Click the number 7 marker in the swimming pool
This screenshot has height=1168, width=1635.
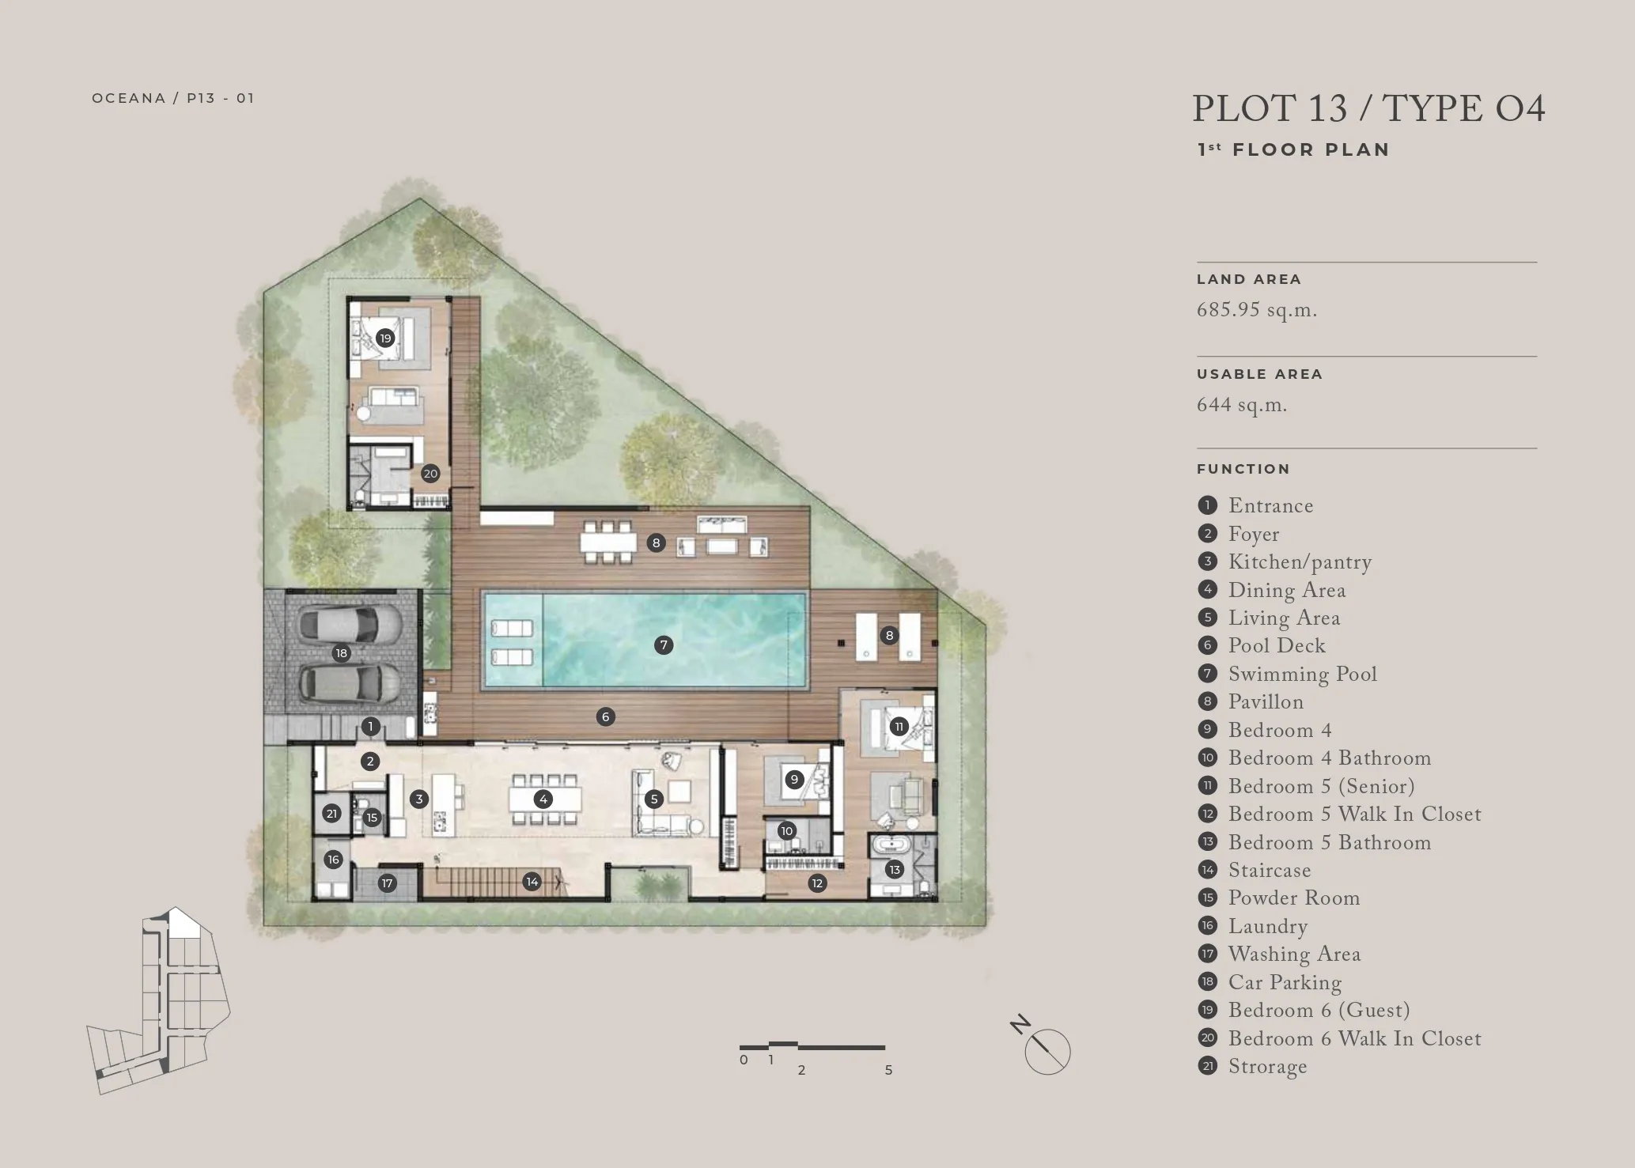pyautogui.click(x=664, y=645)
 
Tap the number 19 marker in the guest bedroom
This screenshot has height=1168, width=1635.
pyautogui.click(x=385, y=338)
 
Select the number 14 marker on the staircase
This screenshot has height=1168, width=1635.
pyautogui.click(x=532, y=881)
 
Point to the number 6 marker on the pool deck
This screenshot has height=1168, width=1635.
pyautogui.click(x=605, y=717)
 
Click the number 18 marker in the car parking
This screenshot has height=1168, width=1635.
pyautogui.click(x=341, y=653)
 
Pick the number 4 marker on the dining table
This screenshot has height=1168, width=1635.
pyautogui.click(x=543, y=799)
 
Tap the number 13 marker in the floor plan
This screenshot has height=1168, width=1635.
pyautogui.click(x=895, y=870)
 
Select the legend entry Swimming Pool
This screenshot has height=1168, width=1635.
pyautogui.click(x=1302, y=675)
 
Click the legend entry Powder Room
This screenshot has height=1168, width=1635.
pyautogui.click(x=1294, y=898)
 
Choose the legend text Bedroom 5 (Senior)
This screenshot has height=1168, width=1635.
pyautogui.click(x=1321, y=786)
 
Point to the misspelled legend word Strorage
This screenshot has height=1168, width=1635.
pyautogui.click(x=1267, y=1067)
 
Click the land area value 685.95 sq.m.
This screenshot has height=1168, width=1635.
pyautogui.click(x=1257, y=310)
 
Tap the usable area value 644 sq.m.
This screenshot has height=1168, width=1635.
pyautogui.click(x=1242, y=405)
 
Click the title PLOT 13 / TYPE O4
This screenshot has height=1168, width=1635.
pyautogui.click(x=1368, y=109)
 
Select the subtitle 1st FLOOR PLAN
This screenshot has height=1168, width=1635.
pyautogui.click(x=1294, y=149)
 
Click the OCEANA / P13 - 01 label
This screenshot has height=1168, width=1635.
pyautogui.click(x=173, y=98)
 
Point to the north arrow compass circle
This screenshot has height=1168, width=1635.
pyautogui.click(x=1048, y=1053)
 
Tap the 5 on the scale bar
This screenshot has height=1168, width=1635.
pyautogui.click(x=888, y=1070)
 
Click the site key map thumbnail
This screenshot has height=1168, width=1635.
pyautogui.click(x=158, y=1000)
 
